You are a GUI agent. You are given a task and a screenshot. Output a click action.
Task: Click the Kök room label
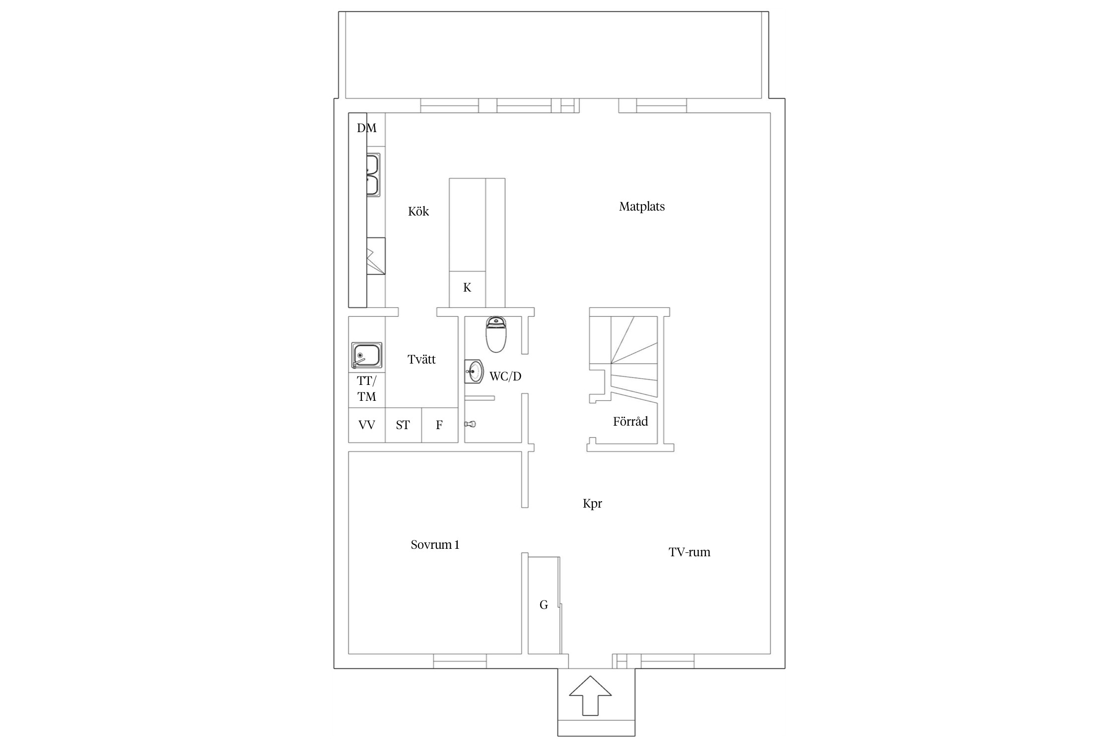[418, 211]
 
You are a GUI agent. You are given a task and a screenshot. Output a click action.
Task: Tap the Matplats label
[641, 207]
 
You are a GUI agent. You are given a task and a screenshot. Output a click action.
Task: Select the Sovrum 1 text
[435, 545]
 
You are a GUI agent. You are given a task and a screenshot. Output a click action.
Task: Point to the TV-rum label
[689, 552]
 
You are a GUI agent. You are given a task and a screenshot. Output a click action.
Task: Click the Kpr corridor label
[592, 504]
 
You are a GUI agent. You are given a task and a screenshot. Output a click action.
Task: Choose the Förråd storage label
[630, 421]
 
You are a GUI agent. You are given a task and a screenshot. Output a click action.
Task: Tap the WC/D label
[505, 376]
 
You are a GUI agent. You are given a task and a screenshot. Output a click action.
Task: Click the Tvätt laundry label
[421, 359]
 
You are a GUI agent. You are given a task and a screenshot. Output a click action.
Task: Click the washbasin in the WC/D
[474, 371]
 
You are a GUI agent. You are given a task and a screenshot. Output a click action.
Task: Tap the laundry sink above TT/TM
[366, 356]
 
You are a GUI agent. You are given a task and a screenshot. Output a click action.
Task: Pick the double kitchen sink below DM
[373, 175]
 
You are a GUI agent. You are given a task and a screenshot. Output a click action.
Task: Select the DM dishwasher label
[367, 128]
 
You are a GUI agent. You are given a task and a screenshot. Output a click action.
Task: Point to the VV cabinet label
[367, 425]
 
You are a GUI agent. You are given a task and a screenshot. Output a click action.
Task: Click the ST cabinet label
[403, 425]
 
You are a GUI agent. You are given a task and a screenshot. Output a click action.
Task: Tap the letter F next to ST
[439, 425]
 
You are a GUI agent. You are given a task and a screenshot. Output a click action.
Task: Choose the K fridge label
[467, 287]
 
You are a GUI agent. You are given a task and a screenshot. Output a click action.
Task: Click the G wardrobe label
[544, 604]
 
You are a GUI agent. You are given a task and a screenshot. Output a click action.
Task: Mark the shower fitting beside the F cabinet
[470, 424]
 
